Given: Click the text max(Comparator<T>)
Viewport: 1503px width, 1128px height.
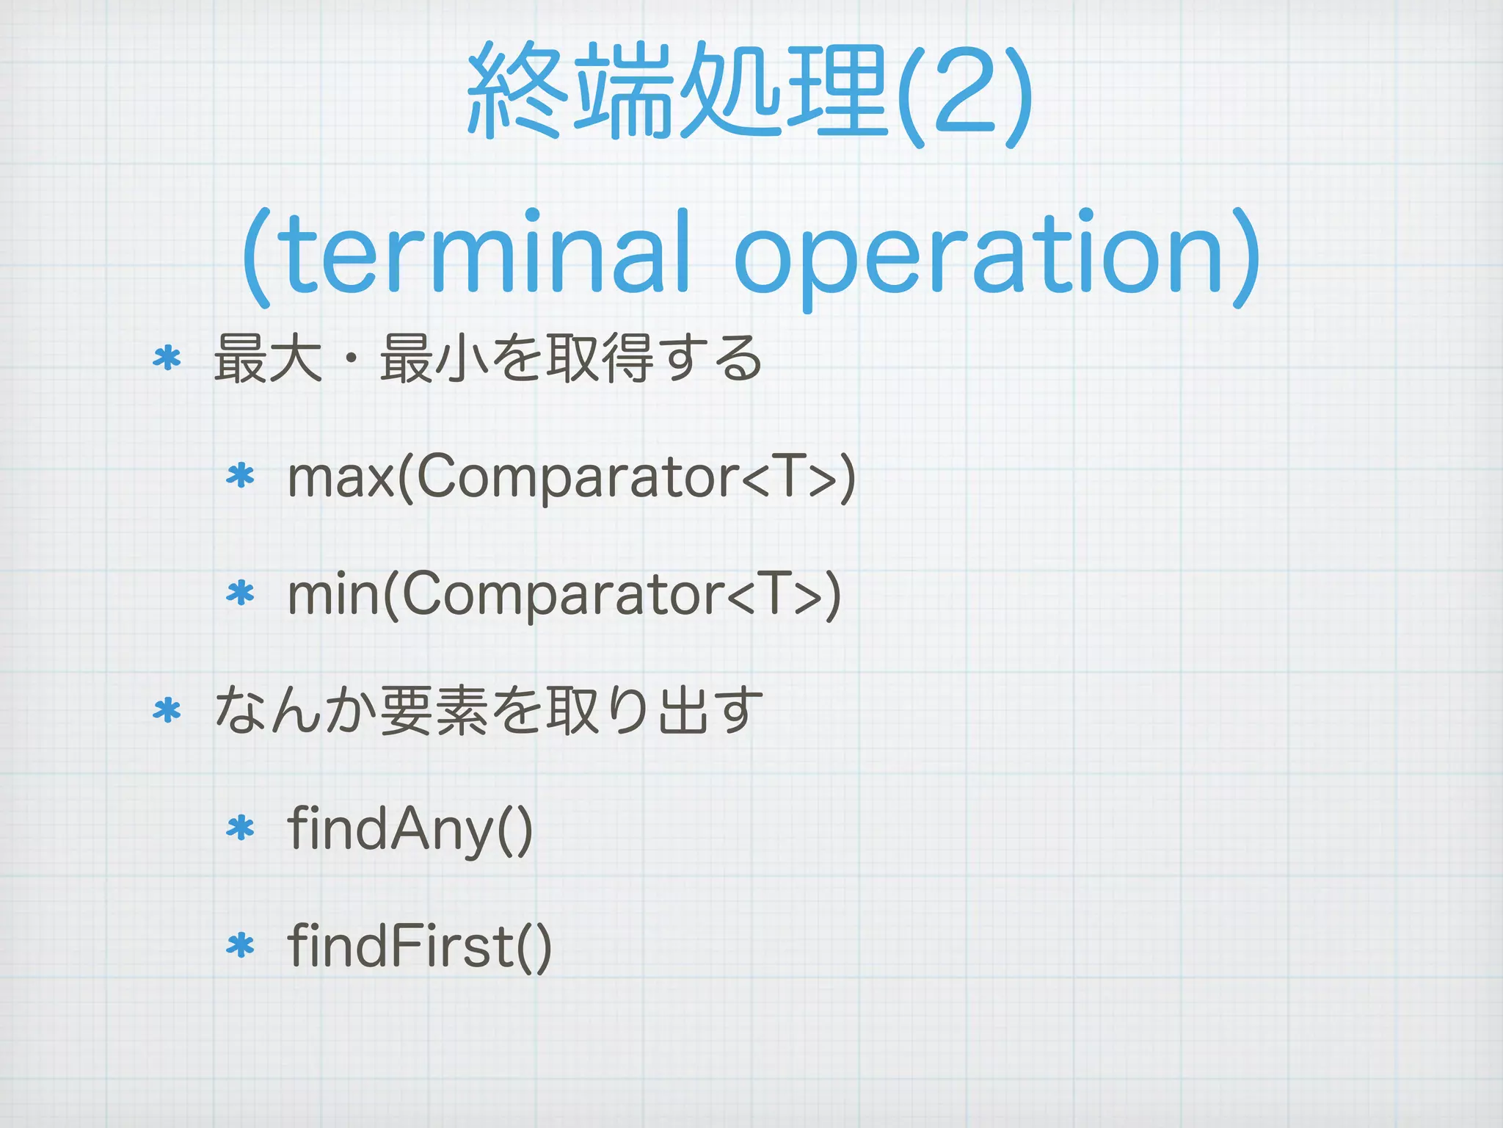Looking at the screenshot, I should tap(571, 478).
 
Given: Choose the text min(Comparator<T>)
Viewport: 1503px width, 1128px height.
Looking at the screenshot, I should tap(564, 595).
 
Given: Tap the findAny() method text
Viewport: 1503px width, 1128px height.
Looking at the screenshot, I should tap(410, 829).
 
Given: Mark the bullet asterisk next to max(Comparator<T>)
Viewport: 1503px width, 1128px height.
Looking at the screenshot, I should tap(240, 477).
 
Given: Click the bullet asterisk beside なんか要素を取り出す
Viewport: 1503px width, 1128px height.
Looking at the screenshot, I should tap(167, 710).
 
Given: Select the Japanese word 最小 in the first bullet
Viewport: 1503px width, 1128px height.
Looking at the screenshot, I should tap(434, 358).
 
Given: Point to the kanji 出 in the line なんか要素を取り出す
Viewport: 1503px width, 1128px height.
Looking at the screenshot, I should tap(683, 710).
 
